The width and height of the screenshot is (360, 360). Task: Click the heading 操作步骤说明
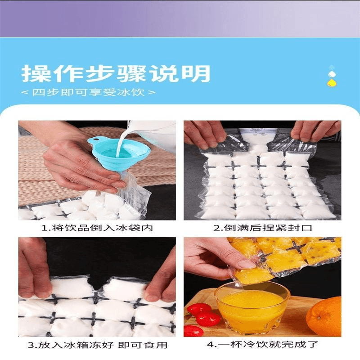click(116, 73)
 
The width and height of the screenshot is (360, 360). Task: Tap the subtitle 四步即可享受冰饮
click(88, 92)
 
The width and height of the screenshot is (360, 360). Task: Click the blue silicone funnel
click(119, 153)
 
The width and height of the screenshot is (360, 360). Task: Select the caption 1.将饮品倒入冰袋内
click(97, 228)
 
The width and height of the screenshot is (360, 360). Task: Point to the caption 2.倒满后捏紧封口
click(263, 228)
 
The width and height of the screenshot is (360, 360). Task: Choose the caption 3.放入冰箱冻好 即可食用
click(97, 345)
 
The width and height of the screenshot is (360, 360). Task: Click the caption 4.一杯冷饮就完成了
click(262, 344)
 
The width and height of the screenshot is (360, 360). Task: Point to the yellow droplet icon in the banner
click(331, 83)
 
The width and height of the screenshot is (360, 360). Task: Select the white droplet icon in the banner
click(331, 74)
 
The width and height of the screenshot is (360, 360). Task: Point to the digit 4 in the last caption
click(210, 345)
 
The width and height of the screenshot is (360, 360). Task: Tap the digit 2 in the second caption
click(217, 228)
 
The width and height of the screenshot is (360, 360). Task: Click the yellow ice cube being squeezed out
click(253, 275)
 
